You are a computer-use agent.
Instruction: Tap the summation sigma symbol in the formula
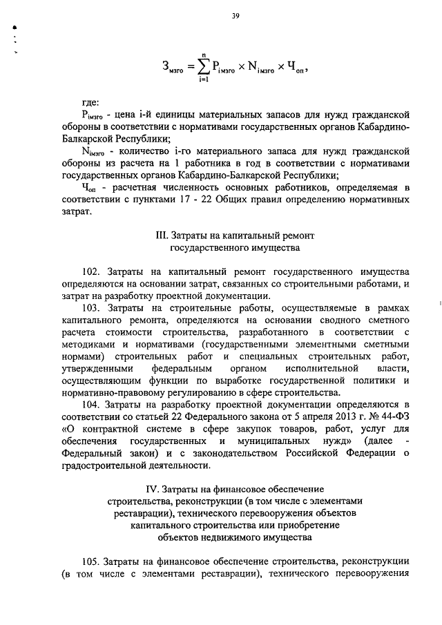(203, 66)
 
